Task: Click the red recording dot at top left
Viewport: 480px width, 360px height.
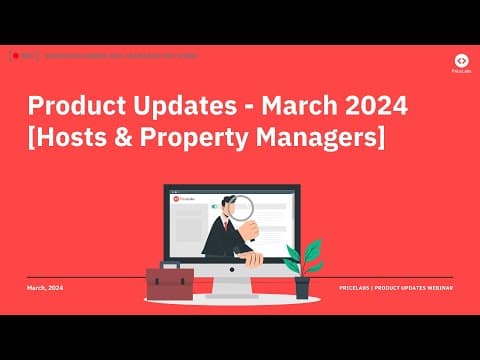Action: [17, 56]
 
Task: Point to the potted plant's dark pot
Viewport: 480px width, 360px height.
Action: [302, 288]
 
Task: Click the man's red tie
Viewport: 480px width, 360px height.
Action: [227, 224]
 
